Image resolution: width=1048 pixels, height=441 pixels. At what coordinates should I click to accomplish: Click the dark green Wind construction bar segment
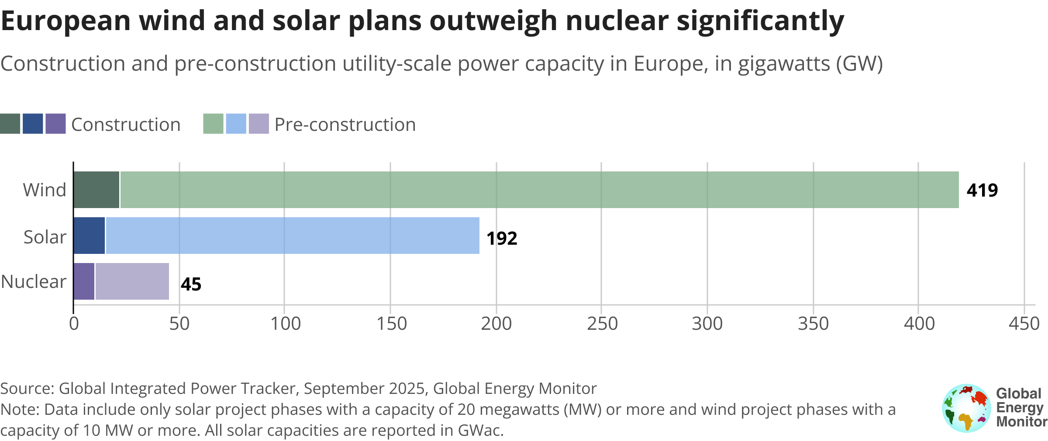pos(97,190)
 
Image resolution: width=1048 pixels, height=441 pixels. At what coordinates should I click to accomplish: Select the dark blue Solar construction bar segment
pos(90,236)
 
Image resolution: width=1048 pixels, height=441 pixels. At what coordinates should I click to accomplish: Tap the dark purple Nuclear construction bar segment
pos(84,281)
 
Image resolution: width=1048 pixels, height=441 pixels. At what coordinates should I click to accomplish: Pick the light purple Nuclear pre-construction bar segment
pos(132,281)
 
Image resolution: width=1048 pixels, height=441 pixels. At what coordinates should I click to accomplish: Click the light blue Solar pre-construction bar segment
pos(293,236)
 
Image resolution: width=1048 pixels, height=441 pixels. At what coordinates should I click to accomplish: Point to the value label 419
pos(982,191)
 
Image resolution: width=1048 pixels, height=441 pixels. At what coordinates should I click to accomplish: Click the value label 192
pos(502,239)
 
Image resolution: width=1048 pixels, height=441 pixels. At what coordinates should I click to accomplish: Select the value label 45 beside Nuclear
pos(191,284)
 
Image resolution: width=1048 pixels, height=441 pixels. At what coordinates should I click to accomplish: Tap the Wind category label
pos(45,190)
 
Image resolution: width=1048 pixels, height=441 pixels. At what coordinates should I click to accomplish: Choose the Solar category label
pos(45,237)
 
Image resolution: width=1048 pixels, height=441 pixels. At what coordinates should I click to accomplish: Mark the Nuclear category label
pos(34,282)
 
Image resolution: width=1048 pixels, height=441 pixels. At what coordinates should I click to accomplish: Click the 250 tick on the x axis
pos(602,324)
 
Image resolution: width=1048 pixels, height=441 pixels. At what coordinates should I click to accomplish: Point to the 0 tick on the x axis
pos(74,324)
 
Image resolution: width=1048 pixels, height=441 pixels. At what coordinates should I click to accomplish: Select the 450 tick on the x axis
pos(1024,324)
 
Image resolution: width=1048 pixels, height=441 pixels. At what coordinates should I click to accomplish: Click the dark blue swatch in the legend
pos(33,124)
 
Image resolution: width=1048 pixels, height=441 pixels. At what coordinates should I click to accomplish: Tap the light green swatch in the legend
pos(214,124)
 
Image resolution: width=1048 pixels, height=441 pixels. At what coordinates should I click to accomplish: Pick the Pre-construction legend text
pos(345,125)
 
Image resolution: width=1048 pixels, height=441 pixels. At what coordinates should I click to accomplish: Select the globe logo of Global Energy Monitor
pos(966,408)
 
